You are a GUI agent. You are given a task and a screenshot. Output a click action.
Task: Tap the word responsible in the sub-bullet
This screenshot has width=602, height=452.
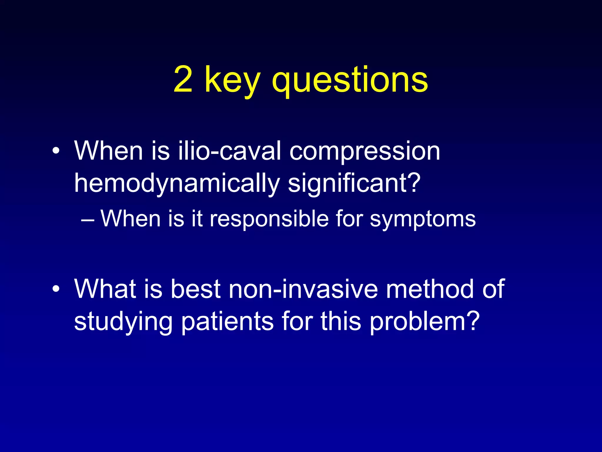pos(269,219)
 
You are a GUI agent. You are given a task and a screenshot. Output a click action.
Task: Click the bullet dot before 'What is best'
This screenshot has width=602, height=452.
pos(56,289)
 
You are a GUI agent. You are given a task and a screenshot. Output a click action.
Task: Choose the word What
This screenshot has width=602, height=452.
pos(105,289)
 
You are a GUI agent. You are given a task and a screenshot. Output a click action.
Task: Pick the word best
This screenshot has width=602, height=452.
pos(195,289)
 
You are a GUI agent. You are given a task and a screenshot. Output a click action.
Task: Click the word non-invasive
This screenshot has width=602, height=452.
pos(303,289)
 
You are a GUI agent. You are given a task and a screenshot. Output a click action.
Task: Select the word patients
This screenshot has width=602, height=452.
pos(227,321)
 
